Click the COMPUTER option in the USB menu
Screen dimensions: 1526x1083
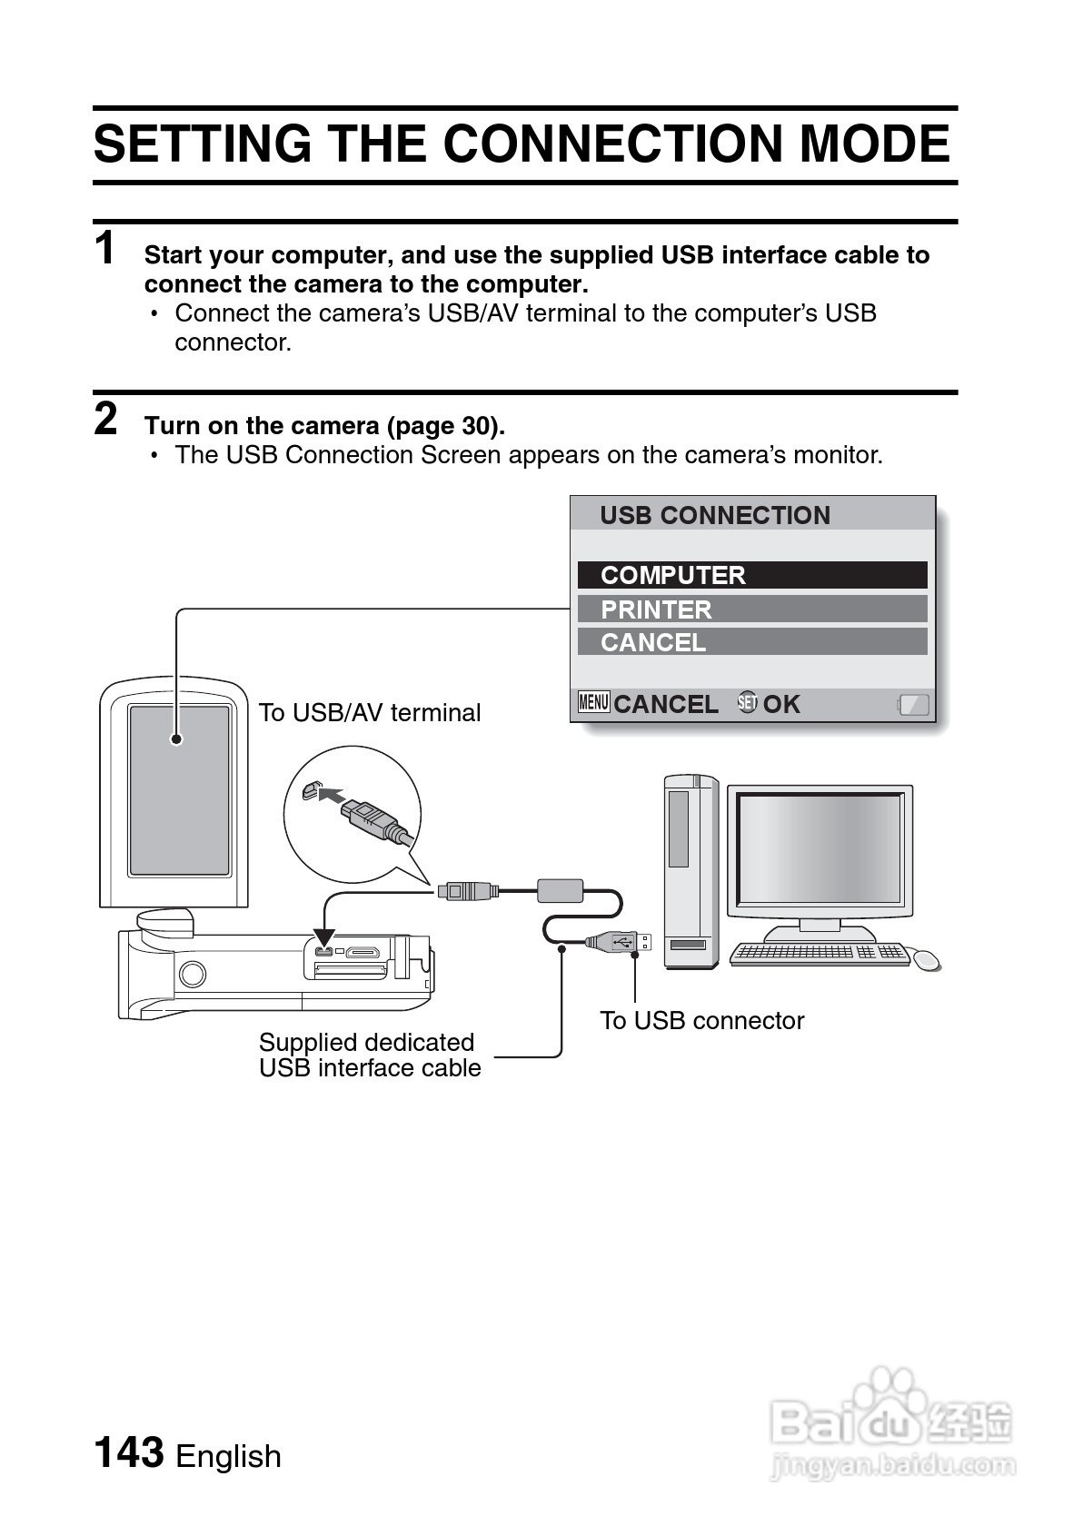(x=672, y=575)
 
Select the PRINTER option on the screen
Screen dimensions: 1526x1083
(x=656, y=609)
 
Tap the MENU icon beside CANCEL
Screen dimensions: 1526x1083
(x=593, y=702)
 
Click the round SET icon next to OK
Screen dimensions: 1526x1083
(x=747, y=702)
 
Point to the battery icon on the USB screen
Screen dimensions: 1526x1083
(x=914, y=704)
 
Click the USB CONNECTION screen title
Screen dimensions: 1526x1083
(x=715, y=515)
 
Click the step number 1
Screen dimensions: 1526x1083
(x=106, y=249)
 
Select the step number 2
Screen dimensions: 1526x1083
(x=106, y=420)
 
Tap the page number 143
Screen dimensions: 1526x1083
(x=129, y=1452)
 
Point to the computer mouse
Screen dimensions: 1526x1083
(x=926, y=959)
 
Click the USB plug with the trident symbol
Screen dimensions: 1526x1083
(x=620, y=941)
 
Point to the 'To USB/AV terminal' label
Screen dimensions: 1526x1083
(x=370, y=713)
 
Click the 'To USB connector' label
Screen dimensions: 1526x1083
(x=701, y=1021)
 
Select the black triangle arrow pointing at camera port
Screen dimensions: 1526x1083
(x=323, y=938)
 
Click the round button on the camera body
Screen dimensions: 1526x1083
(x=192, y=975)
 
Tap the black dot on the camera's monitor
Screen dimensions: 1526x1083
(x=176, y=739)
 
